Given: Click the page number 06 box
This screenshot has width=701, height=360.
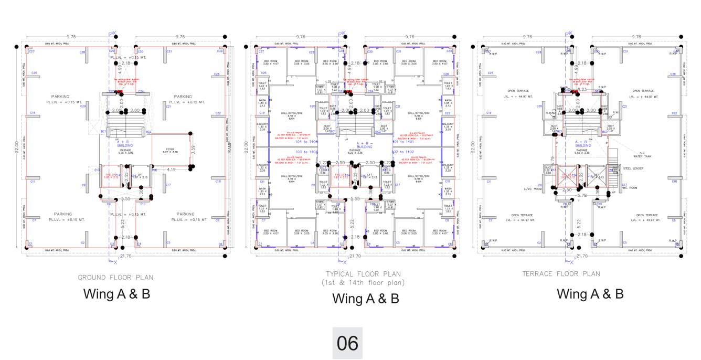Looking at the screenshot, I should [347, 343].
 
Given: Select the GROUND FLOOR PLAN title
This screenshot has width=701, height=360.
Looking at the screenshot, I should [116, 277].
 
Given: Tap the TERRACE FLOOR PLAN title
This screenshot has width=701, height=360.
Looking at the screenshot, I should [561, 273].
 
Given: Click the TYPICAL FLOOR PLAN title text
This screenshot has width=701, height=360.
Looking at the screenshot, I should [363, 274].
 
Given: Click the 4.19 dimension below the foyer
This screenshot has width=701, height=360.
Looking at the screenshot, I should [172, 170].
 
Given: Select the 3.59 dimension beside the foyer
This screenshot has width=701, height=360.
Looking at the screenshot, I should [193, 150].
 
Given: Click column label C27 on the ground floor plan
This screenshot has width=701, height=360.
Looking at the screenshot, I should [31, 51].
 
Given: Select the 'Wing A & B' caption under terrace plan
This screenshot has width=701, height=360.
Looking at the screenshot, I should [590, 294].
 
